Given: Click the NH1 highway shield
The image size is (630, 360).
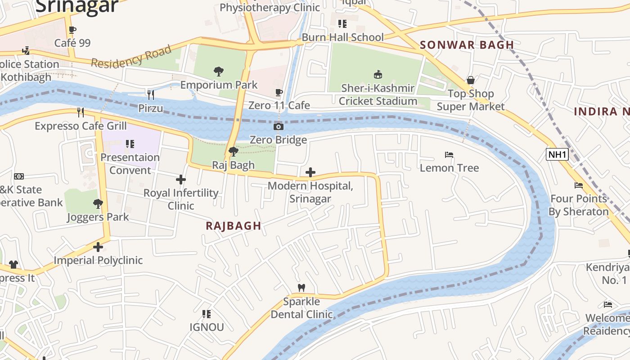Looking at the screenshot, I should pyautogui.click(x=557, y=155).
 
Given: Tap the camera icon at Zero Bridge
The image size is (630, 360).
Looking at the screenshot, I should pyautogui.click(x=279, y=127).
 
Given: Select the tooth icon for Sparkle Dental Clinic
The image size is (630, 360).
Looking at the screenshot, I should pyautogui.click(x=301, y=288).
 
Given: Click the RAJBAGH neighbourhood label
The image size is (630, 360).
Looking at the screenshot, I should pyautogui.click(x=233, y=226).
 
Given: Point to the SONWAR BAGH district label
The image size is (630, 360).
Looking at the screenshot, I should pyautogui.click(x=467, y=45).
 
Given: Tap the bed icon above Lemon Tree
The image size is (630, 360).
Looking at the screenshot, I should pyautogui.click(x=449, y=155).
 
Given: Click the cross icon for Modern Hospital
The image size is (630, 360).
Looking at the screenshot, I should pyautogui.click(x=310, y=172).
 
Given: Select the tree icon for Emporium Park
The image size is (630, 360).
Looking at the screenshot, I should pyautogui.click(x=219, y=72).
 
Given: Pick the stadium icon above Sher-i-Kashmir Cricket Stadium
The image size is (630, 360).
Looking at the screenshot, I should pyautogui.click(x=378, y=74).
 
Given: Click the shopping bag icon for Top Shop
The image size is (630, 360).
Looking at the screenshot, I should pyautogui.click(x=470, y=81).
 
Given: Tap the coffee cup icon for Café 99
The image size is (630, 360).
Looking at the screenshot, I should pyautogui.click(x=72, y=30).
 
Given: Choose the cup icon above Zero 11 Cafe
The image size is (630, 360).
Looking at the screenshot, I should pyautogui.click(x=279, y=93).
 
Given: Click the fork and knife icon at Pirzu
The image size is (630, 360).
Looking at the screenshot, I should pyautogui.click(x=151, y=94).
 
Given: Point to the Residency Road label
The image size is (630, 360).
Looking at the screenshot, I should pyautogui.click(x=131, y=57).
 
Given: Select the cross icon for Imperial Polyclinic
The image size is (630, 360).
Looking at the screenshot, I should pyautogui.click(x=98, y=247).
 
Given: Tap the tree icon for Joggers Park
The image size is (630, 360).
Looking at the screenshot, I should pyautogui.click(x=98, y=204).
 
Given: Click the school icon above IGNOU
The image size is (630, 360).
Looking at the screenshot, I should pyautogui.click(x=206, y=314).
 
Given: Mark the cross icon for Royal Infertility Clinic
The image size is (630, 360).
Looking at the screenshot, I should pyautogui.click(x=181, y=180).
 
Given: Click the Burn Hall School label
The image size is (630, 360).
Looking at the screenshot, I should pyautogui.click(x=342, y=37).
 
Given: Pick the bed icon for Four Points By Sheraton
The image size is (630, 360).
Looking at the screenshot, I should pyautogui.click(x=579, y=185).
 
